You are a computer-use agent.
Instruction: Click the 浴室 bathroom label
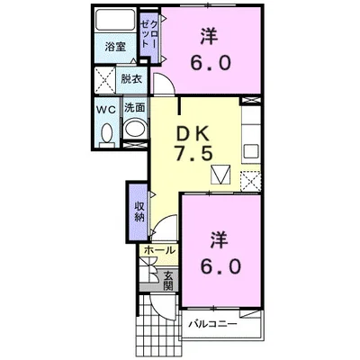click(115, 47)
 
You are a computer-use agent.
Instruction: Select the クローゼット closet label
click(149, 34)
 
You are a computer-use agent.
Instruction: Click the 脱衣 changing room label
click(131, 79)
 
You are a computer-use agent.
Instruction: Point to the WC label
click(106, 110)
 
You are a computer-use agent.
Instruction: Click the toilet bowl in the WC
click(107, 133)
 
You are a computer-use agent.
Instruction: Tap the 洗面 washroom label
click(135, 108)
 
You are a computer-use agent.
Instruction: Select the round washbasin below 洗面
click(135, 129)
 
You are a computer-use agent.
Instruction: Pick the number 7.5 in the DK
click(194, 154)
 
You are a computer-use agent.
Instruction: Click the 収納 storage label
click(139, 211)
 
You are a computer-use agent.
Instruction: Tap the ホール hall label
click(159, 250)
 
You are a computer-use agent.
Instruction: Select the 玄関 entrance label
click(168, 281)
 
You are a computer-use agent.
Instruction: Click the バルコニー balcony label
click(212, 324)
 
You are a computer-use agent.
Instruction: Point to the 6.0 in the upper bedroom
click(211, 63)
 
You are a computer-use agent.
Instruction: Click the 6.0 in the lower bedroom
click(220, 266)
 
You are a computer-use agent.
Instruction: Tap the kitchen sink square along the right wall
click(251, 152)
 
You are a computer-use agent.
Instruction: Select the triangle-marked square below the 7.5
click(220, 175)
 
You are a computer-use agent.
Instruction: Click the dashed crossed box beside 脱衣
click(105, 80)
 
